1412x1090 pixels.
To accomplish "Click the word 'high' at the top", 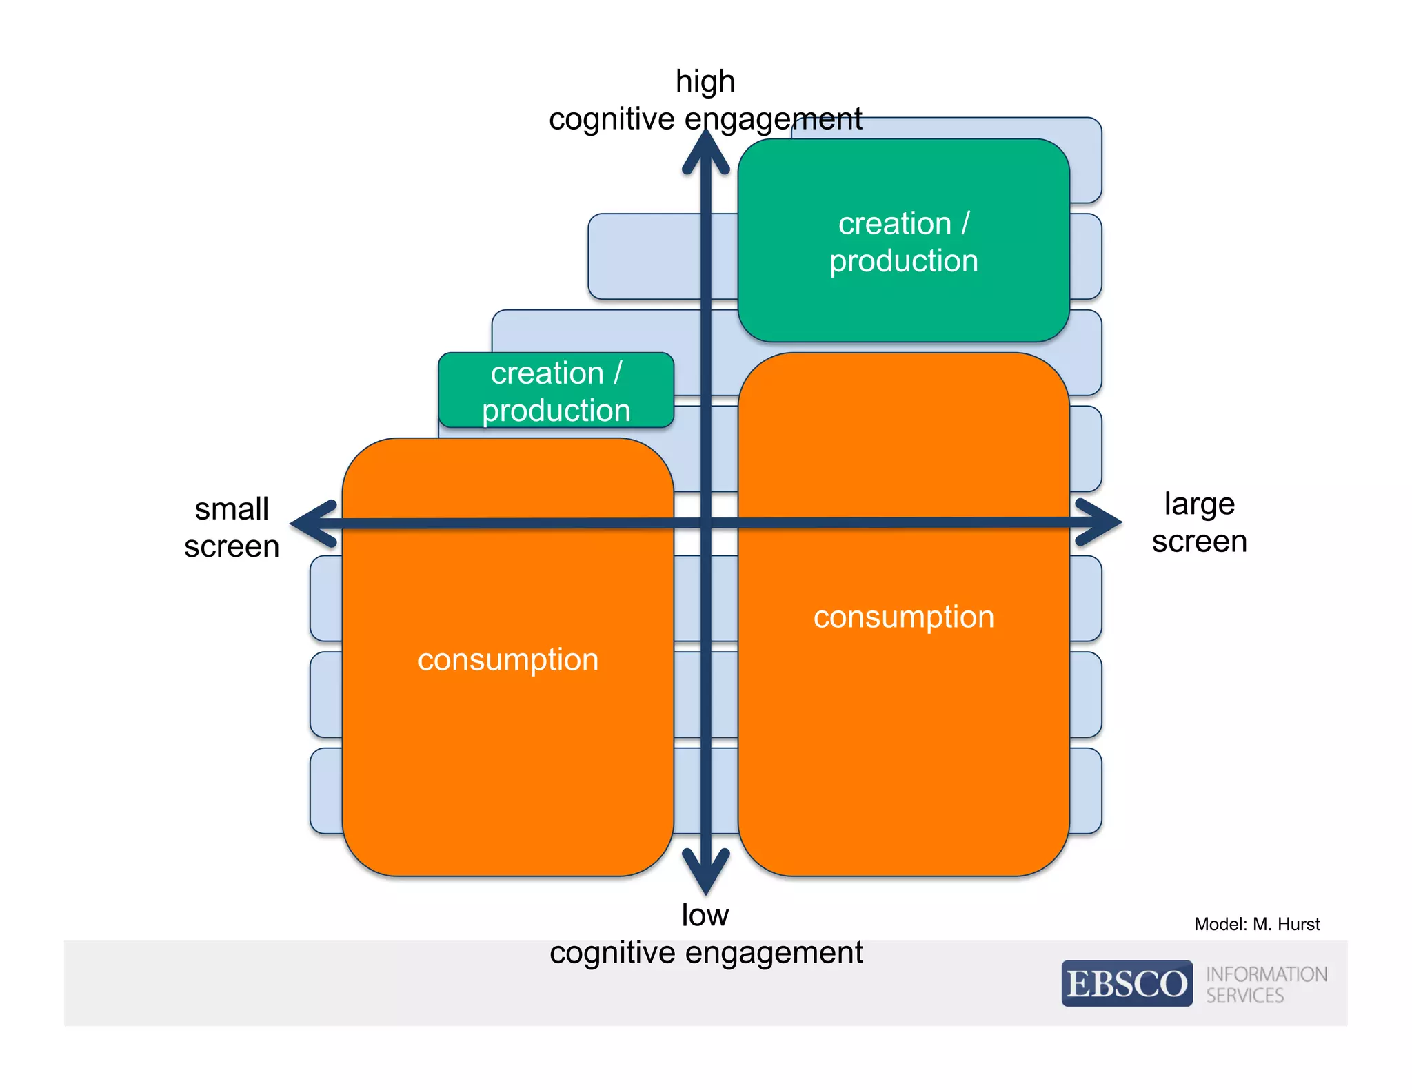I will point(705,82).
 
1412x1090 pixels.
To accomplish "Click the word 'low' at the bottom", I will point(705,915).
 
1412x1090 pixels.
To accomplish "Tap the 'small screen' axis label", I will point(232,528).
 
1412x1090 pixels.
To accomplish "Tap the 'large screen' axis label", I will point(1199,522).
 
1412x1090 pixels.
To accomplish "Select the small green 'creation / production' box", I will point(556,390).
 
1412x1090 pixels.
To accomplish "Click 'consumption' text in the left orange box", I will point(508,660).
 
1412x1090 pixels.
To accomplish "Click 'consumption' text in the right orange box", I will point(903,617).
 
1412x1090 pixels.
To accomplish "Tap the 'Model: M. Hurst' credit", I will point(1256,924).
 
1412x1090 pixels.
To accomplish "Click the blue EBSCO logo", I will point(1127,983).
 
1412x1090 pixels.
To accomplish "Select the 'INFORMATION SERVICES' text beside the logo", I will point(1266,985).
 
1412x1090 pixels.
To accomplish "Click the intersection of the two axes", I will point(705,523).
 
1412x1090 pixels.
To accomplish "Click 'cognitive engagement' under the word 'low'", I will point(705,953).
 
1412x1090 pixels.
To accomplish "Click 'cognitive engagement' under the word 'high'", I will point(705,119).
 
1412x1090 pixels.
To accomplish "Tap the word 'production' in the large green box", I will point(903,261).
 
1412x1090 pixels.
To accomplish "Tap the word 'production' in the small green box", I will point(556,411).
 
